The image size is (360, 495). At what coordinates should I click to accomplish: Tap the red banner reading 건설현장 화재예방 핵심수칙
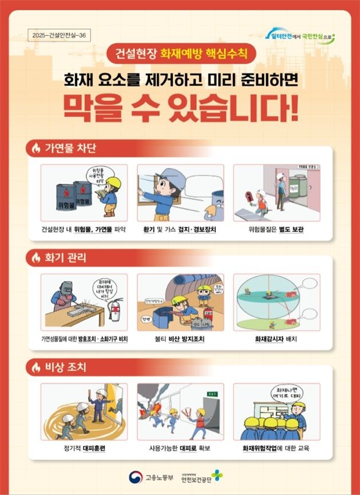pyautogui.click(x=180, y=56)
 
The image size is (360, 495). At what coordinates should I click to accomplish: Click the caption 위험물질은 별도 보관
pyautogui.click(x=276, y=229)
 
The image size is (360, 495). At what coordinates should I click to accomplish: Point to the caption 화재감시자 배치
pyautogui.click(x=276, y=339)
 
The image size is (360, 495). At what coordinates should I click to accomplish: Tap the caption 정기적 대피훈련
pyautogui.click(x=84, y=448)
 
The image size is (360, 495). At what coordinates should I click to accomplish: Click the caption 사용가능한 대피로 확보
pyautogui.click(x=180, y=448)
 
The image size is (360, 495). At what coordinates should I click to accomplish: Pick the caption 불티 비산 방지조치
pyautogui.click(x=180, y=339)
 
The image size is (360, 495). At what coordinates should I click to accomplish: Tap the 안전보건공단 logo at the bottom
pyautogui.click(x=207, y=477)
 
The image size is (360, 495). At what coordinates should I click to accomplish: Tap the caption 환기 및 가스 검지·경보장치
pyautogui.click(x=180, y=229)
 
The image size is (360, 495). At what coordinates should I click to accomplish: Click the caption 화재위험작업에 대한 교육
pyautogui.click(x=276, y=448)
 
